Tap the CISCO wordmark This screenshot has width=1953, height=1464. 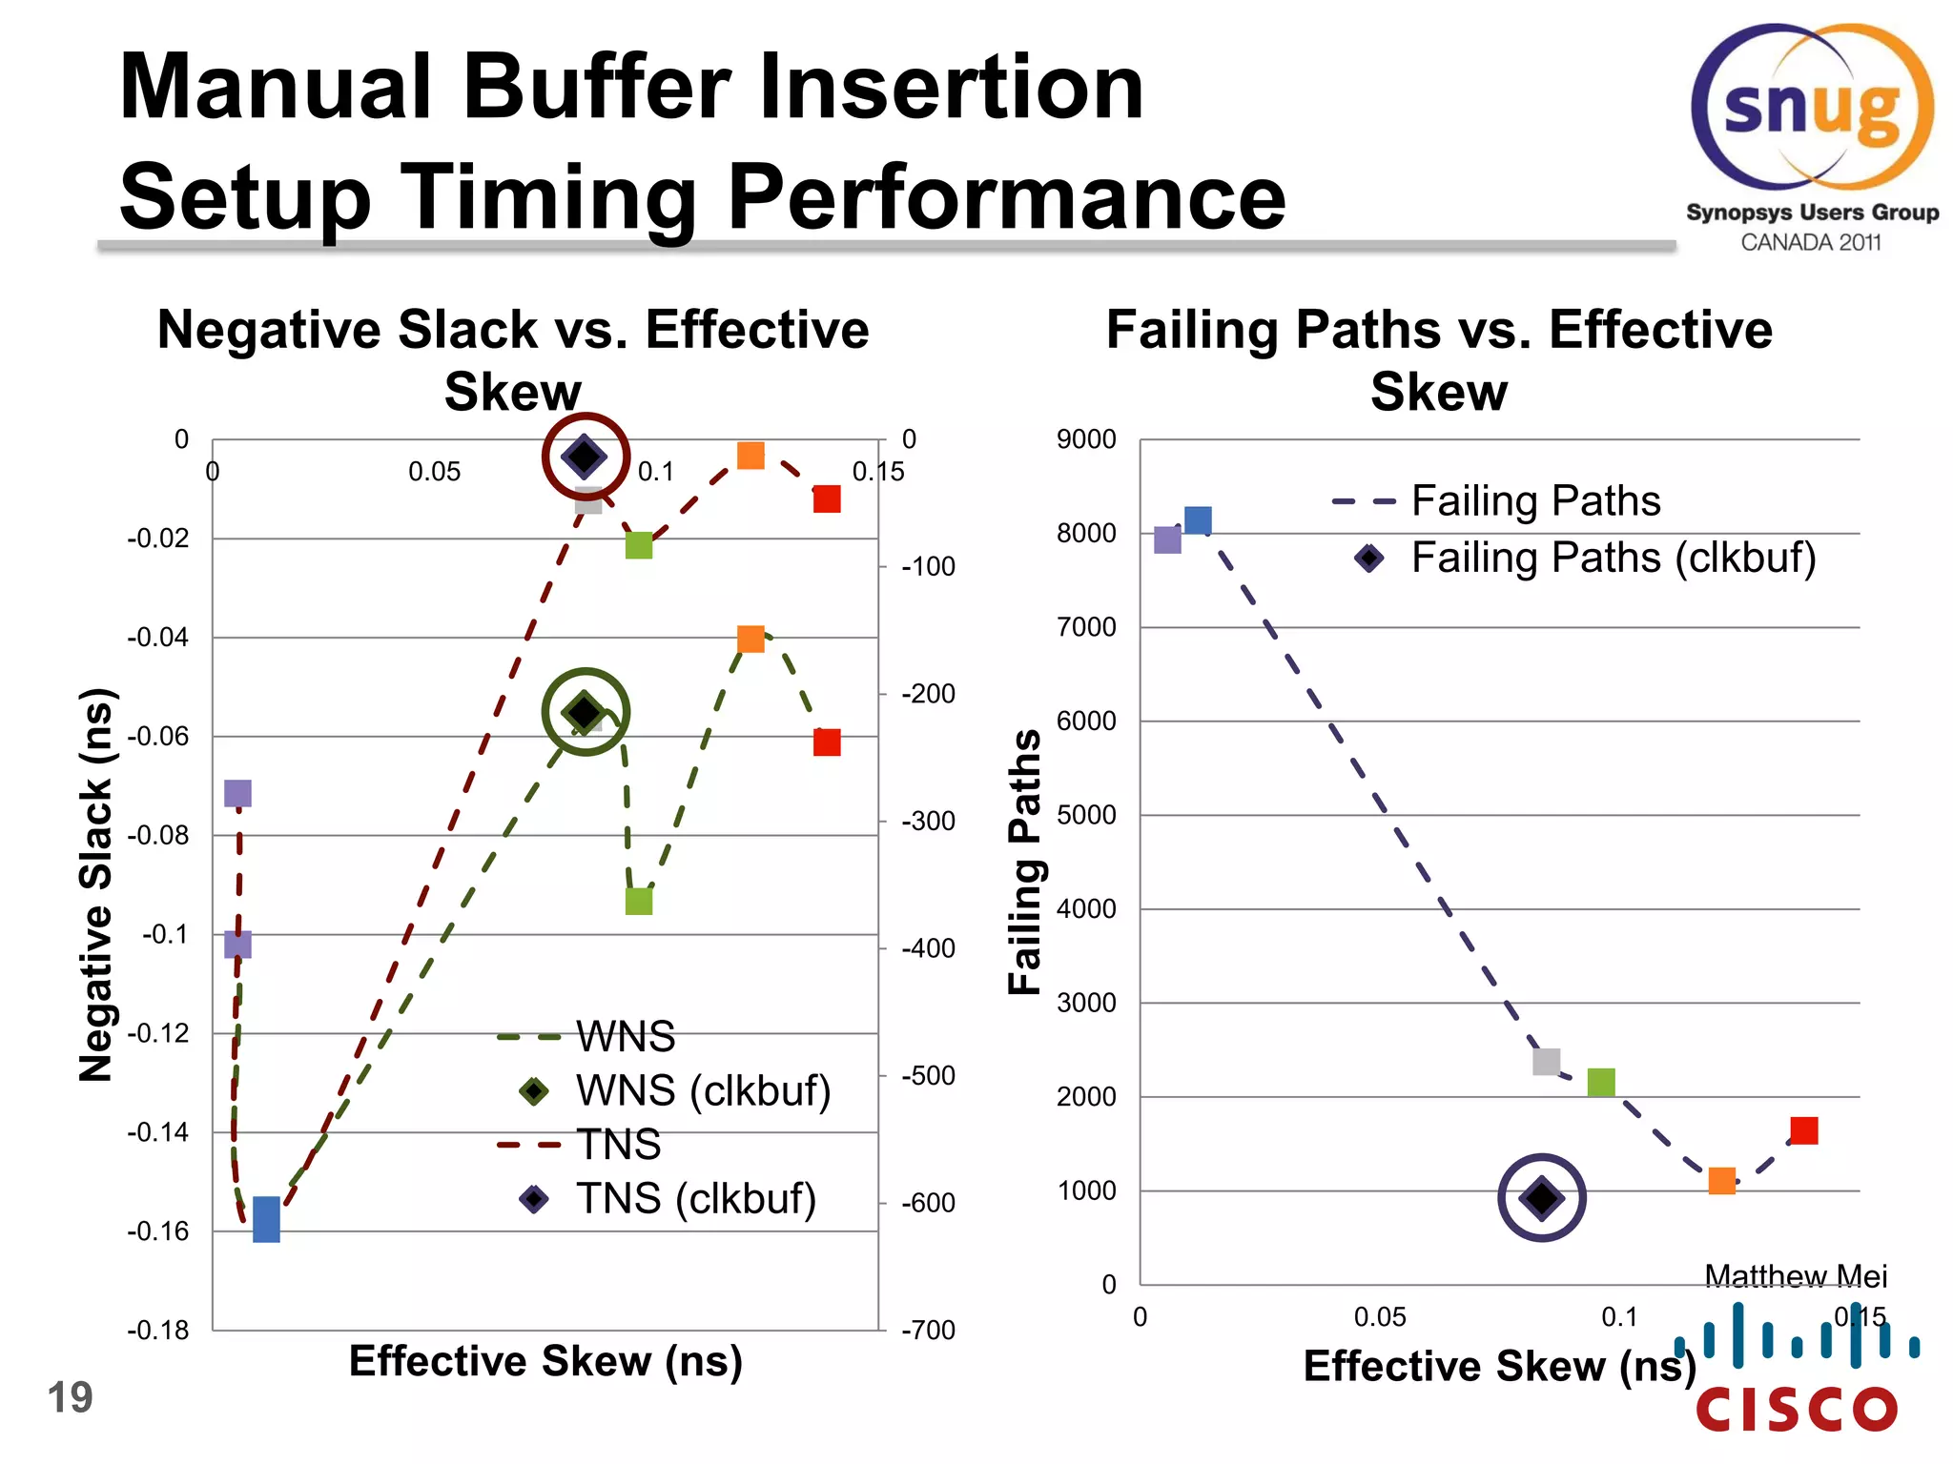[x=1798, y=1410]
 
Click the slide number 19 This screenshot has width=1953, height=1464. [x=70, y=1398]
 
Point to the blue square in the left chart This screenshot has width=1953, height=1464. [x=266, y=1220]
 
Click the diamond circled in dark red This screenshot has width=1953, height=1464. [x=585, y=457]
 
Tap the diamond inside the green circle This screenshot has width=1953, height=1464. [x=585, y=712]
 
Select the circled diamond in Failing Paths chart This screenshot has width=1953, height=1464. [x=1542, y=1198]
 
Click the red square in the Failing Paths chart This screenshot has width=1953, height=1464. [x=1803, y=1130]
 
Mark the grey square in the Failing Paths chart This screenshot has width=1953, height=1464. [x=1546, y=1062]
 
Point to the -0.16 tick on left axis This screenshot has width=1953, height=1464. [x=158, y=1231]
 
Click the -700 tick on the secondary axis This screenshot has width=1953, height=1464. [x=928, y=1331]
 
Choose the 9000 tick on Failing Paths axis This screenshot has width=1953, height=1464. [x=1086, y=440]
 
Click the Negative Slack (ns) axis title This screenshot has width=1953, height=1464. [x=96, y=884]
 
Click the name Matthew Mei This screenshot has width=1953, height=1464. [x=1795, y=1275]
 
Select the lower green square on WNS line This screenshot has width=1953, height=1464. [x=639, y=901]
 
